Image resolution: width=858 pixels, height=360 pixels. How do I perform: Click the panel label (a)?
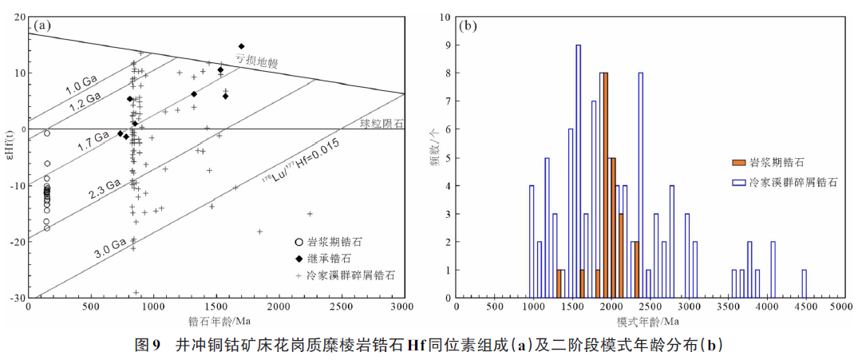[x=42, y=26]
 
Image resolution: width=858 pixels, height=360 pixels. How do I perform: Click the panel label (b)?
[x=469, y=26]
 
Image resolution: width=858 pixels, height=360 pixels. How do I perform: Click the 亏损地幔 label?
[x=256, y=60]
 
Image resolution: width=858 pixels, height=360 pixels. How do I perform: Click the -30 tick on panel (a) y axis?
[x=18, y=298]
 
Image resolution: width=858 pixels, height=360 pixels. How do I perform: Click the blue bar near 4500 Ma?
[x=804, y=283]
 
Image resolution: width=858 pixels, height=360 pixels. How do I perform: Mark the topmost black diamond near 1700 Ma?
[x=241, y=46]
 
